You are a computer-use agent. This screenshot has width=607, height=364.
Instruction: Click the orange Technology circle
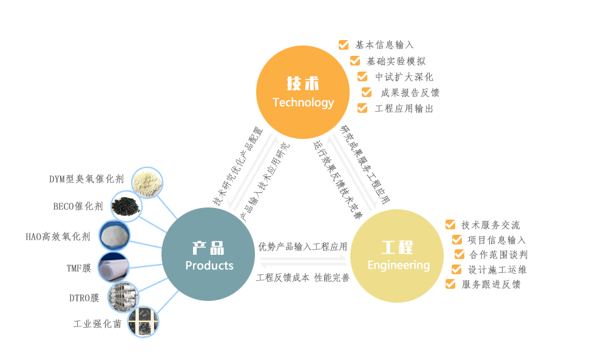coord(303,92)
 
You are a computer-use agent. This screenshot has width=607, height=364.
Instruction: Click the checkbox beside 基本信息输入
coord(344,44)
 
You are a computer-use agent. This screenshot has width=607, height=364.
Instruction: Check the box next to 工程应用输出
coord(362,108)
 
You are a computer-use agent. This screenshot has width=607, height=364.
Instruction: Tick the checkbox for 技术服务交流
coord(450,224)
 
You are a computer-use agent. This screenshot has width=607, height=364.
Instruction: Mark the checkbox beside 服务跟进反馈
coord(450,283)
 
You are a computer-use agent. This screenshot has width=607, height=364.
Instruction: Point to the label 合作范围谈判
coord(498,254)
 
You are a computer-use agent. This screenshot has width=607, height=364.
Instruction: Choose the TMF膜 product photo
coord(115,267)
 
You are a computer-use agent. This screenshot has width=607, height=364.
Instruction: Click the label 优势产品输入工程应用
coord(303,246)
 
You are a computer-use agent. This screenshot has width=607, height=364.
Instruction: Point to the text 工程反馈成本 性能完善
coord(303,278)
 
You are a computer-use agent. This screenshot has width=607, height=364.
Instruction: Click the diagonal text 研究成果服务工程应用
coord(365,164)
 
